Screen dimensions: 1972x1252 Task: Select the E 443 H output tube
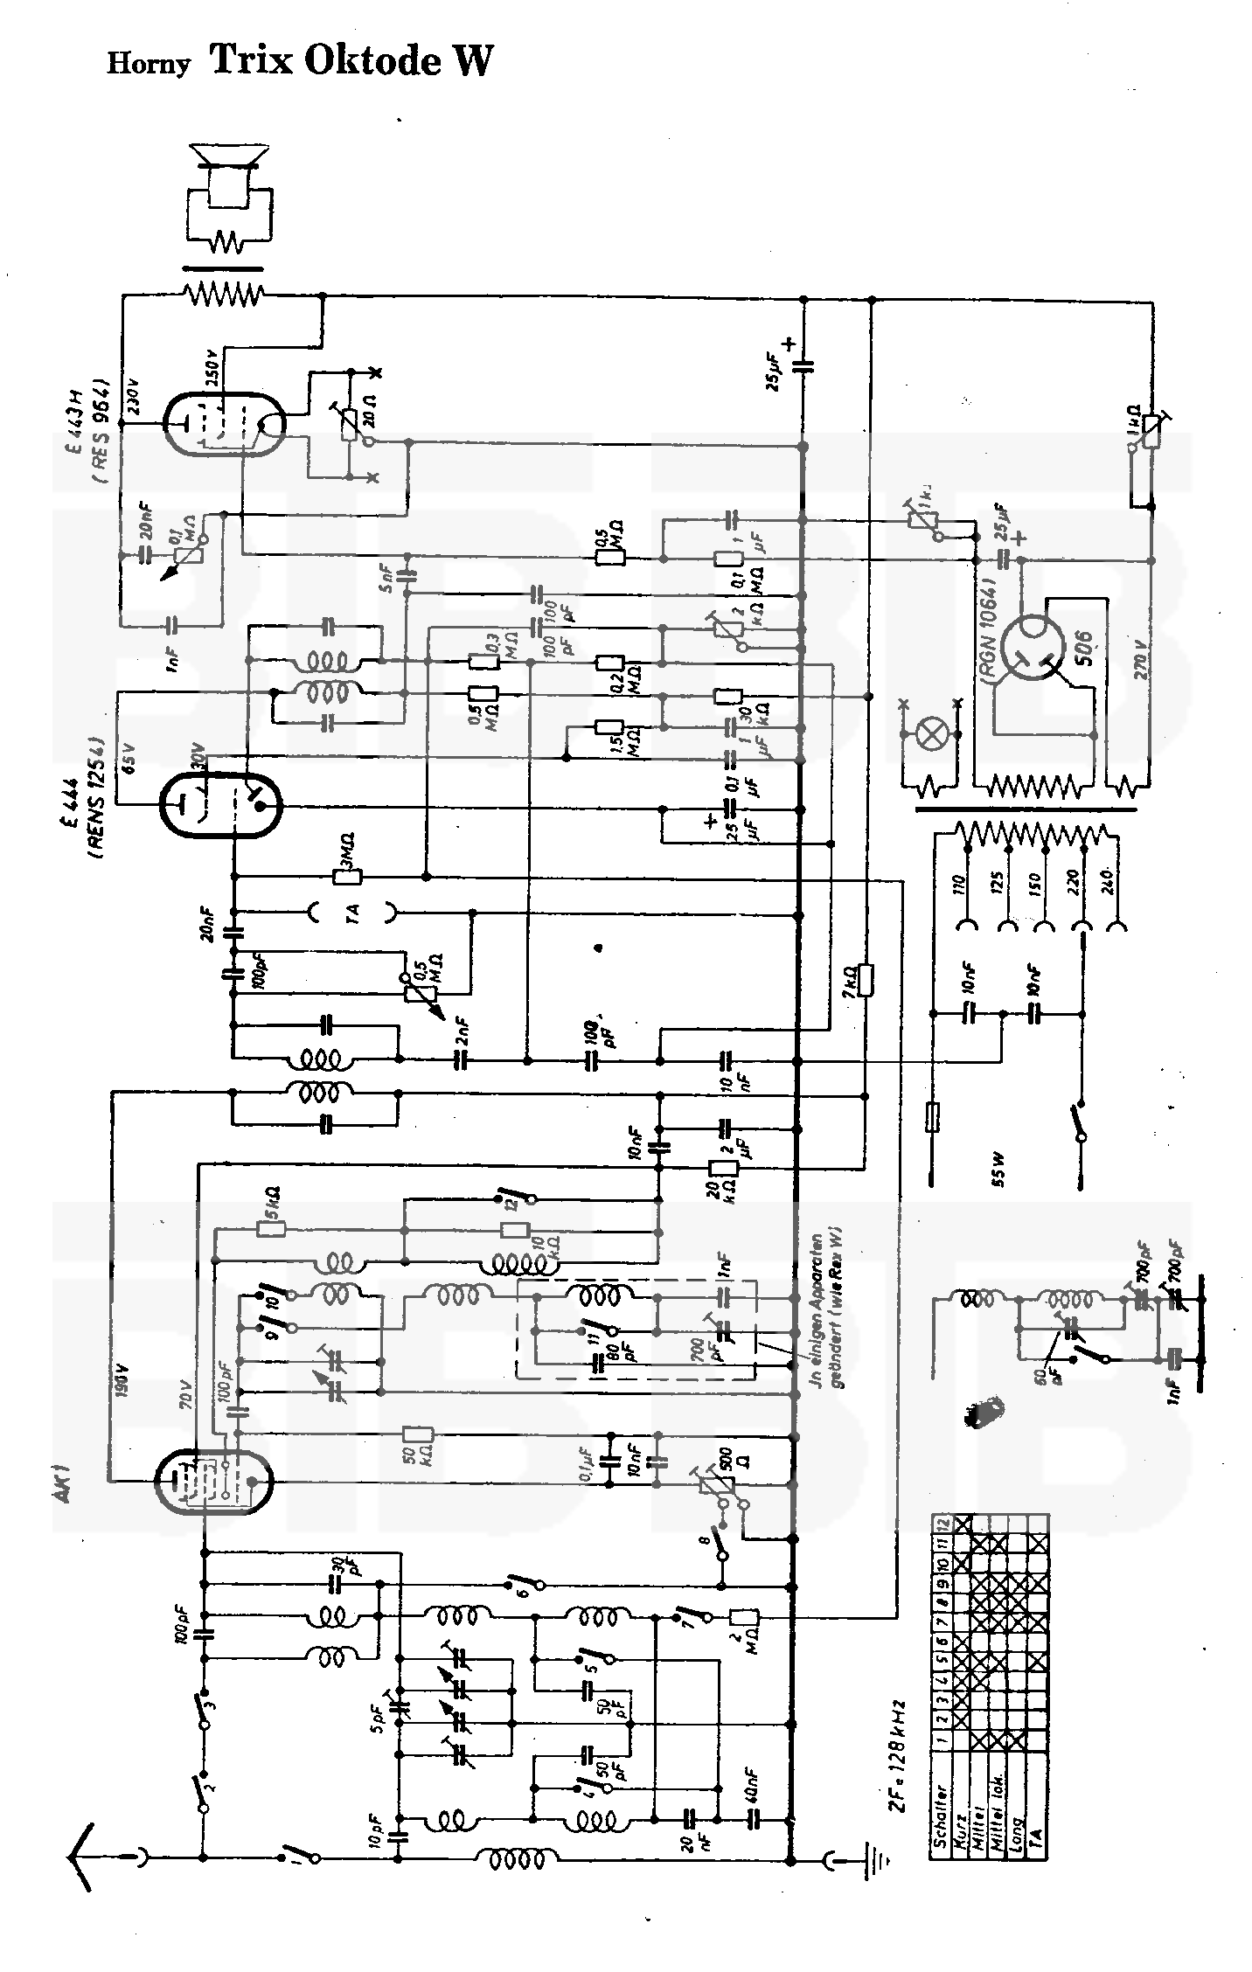point(225,423)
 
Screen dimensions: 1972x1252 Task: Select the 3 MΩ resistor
point(348,876)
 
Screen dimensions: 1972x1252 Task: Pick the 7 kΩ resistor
point(865,978)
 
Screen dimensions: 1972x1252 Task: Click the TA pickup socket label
point(352,913)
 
